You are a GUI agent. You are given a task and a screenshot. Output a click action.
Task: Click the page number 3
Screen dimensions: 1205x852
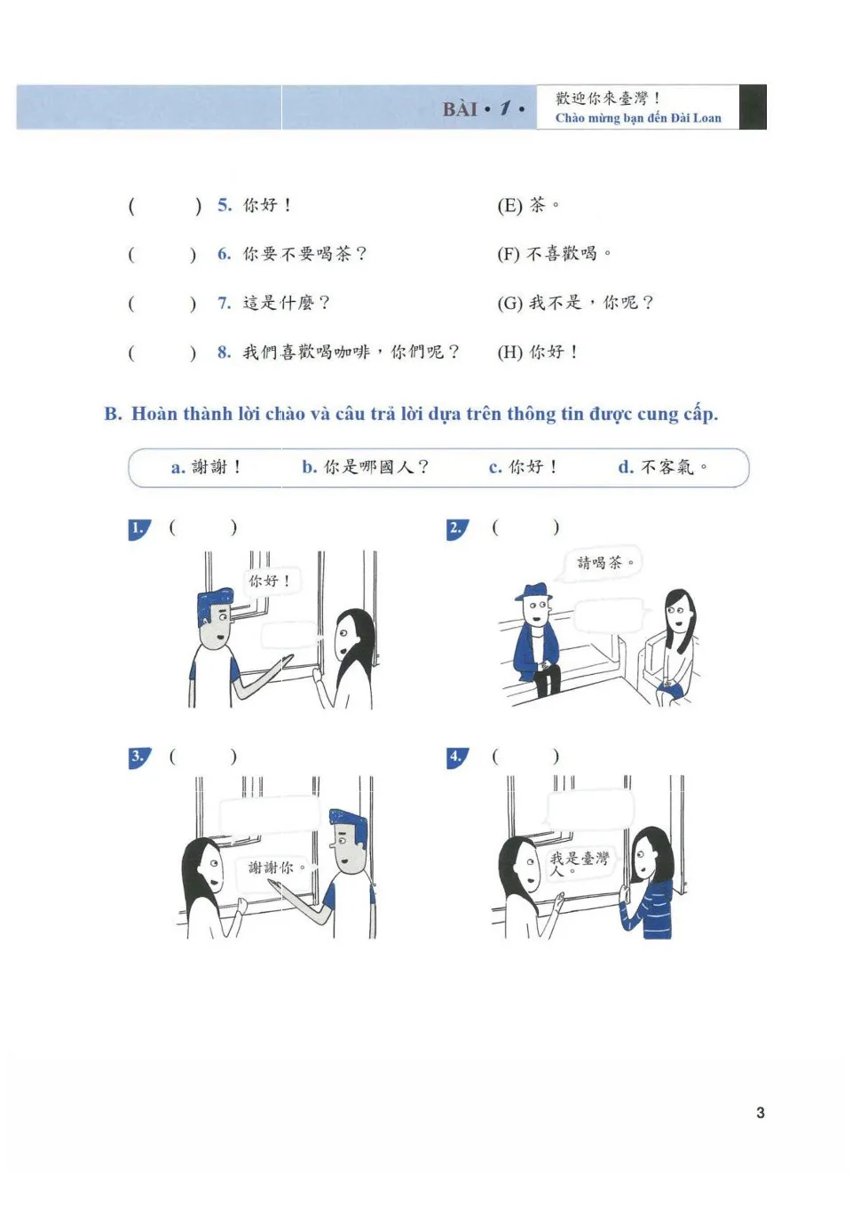coord(760,1113)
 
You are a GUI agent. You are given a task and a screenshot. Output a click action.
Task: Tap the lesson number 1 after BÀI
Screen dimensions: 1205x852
coord(505,108)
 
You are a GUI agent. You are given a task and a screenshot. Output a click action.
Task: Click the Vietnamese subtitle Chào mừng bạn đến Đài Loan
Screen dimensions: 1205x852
coord(638,118)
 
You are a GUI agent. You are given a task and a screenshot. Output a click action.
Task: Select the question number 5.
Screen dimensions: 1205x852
coord(225,205)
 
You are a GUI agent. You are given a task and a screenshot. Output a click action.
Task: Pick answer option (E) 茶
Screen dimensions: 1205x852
coord(527,206)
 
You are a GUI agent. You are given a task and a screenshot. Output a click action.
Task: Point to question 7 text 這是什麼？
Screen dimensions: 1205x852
coord(286,304)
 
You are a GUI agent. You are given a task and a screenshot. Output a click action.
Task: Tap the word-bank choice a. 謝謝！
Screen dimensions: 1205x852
coord(205,467)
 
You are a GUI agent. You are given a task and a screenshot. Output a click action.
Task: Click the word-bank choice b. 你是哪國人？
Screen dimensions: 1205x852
coord(365,467)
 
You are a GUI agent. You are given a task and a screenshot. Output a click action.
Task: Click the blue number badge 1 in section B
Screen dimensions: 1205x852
coord(138,529)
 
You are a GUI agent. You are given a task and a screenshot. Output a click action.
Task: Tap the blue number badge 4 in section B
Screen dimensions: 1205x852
coord(456,757)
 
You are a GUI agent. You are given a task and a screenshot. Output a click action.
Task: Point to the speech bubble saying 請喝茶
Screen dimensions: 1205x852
coord(603,563)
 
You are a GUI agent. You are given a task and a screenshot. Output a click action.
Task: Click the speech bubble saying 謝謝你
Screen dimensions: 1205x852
coord(276,868)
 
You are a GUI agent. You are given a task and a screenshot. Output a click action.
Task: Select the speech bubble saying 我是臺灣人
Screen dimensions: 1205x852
coord(579,862)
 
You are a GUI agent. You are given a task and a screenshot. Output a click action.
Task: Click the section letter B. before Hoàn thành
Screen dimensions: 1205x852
coord(113,414)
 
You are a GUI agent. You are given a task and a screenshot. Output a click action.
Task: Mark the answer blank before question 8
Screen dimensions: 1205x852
coord(162,353)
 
